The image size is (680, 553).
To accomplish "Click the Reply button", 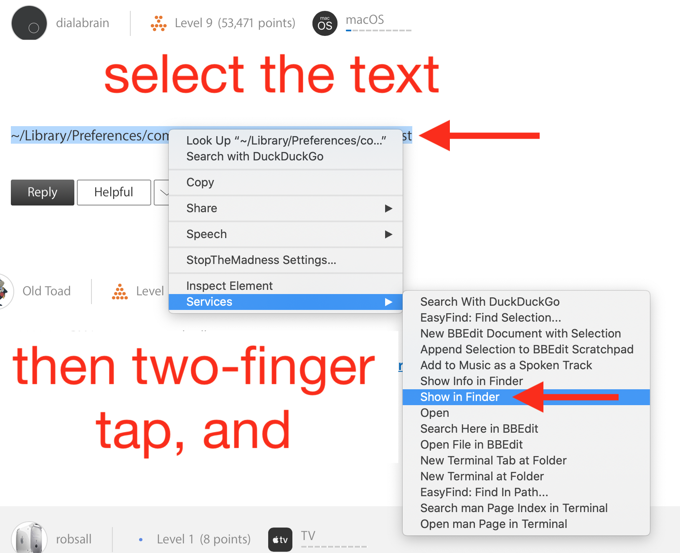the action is coord(43,192).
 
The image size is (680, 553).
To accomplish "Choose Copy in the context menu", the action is coord(200,182).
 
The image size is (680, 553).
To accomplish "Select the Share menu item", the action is coord(202,208).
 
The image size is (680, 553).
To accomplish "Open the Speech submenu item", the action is coord(207,234).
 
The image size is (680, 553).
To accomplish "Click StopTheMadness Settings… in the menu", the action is coord(261,260).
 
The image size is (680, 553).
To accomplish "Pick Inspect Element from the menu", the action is coord(229,285).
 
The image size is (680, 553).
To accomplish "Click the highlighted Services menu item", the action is coord(285,302).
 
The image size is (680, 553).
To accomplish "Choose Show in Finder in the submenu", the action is coord(460,397).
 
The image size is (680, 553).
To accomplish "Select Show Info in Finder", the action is coord(472,381).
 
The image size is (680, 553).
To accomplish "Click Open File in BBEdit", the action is coord(471,444).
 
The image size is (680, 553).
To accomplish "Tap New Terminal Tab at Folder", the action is coord(493,460).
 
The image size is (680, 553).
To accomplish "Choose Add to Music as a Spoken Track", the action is coord(506,365).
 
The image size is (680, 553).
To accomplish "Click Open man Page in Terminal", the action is coord(494,524).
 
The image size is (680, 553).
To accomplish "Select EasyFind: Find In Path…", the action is coord(484,492).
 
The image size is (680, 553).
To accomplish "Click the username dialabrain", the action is coord(83,23).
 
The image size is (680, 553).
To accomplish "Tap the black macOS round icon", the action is coord(325,24).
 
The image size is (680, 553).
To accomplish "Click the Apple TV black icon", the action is coord(280,539).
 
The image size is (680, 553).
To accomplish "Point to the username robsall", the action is coord(74,539).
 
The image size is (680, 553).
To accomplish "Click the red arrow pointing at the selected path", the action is coord(479,136).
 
